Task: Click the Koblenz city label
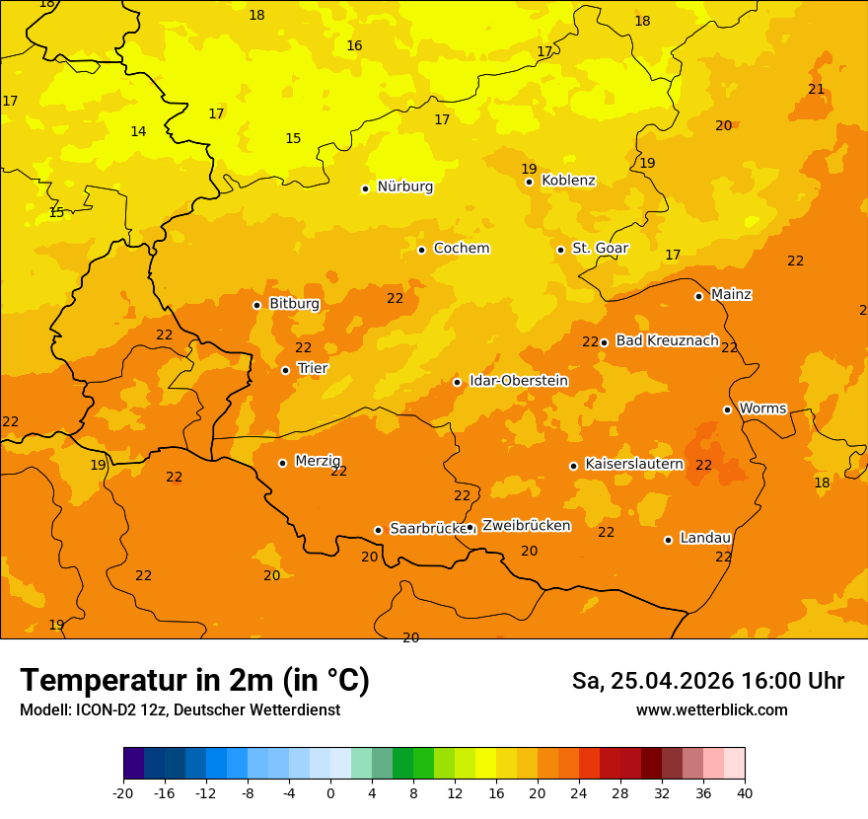(568, 181)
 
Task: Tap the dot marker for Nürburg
(365, 188)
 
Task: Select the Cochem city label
(461, 249)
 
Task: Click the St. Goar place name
(600, 249)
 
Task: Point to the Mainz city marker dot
(698, 296)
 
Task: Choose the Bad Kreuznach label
(667, 340)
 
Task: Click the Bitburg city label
(294, 304)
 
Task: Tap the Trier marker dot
(286, 371)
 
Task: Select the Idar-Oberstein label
(518, 381)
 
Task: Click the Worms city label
(761, 409)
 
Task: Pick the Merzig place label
(318, 461)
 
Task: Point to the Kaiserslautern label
(634, 464)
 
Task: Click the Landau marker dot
(668, 540)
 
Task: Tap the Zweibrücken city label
(526, 526)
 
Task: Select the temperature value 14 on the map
(138, 132)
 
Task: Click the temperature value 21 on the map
(816, 90)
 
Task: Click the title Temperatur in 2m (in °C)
(194, 681)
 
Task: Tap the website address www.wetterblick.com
(711, 710)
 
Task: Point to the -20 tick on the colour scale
(123, 792)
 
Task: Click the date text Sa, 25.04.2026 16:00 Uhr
(707, 681)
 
